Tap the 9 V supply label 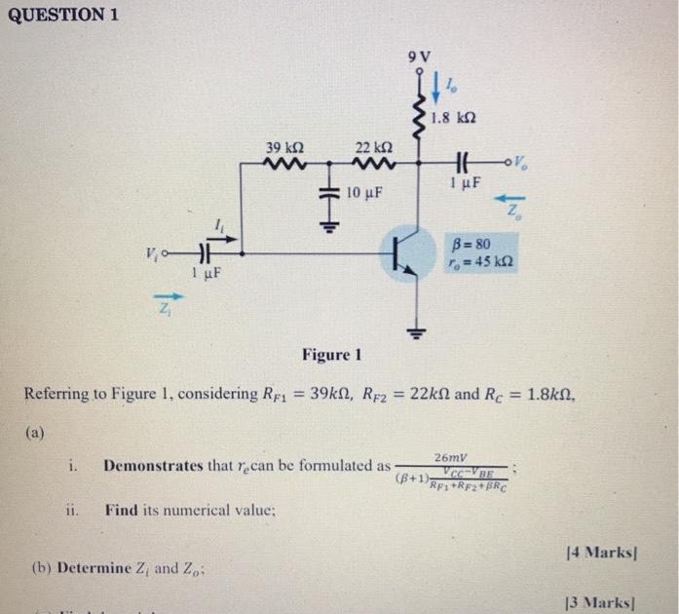point(421,56)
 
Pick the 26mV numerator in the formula point(452,456)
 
